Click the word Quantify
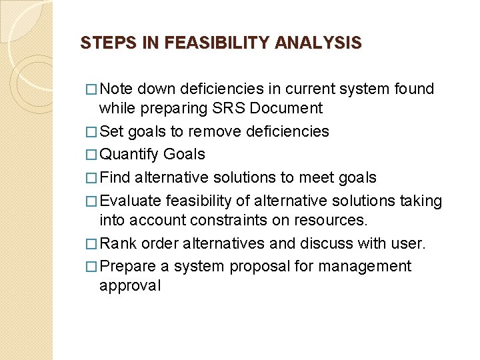click(129, 155)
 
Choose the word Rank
click(119, 243)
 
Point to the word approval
click(129, 286)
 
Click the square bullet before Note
click(91, 89)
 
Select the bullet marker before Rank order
click(91, 244)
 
